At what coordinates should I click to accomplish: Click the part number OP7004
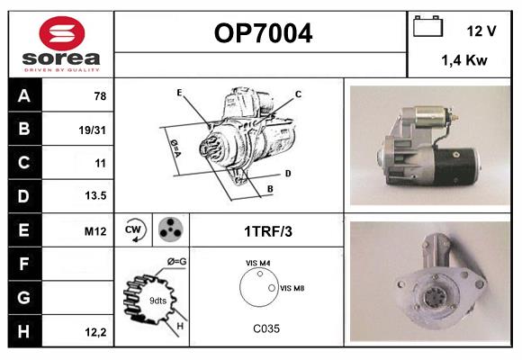263,33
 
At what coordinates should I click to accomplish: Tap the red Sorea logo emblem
62,33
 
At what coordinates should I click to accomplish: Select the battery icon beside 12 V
427,26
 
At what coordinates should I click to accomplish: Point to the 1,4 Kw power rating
464,60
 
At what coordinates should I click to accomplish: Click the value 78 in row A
100,96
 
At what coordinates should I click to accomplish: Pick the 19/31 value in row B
92,130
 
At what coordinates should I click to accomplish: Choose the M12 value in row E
95,231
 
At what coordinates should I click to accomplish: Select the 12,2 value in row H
95,332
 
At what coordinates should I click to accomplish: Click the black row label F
25,264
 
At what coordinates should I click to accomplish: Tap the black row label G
25,297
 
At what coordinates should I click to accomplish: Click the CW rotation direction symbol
133,229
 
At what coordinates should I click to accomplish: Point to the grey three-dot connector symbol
171,229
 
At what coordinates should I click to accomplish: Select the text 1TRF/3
268,231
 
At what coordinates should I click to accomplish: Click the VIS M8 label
292,288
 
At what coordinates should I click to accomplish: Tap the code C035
266,328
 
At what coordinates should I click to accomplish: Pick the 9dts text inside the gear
157,301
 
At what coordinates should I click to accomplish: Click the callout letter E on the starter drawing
179,93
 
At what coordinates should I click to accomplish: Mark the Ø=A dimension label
175,148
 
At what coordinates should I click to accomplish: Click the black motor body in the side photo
456,166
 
